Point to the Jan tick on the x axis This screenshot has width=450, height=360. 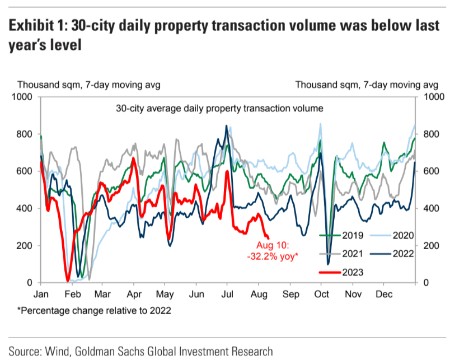41,293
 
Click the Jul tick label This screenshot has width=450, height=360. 227,293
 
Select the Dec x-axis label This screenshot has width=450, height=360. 384,293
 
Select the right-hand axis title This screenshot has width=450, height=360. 367,85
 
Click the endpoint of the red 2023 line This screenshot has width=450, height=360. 268,238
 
